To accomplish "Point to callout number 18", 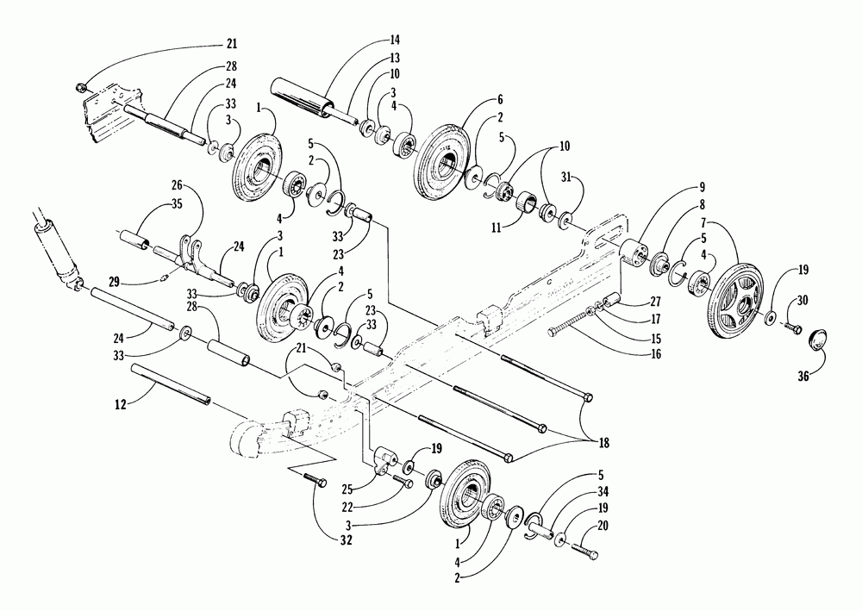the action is [601, 442].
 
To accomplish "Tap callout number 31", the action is [591, 178].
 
